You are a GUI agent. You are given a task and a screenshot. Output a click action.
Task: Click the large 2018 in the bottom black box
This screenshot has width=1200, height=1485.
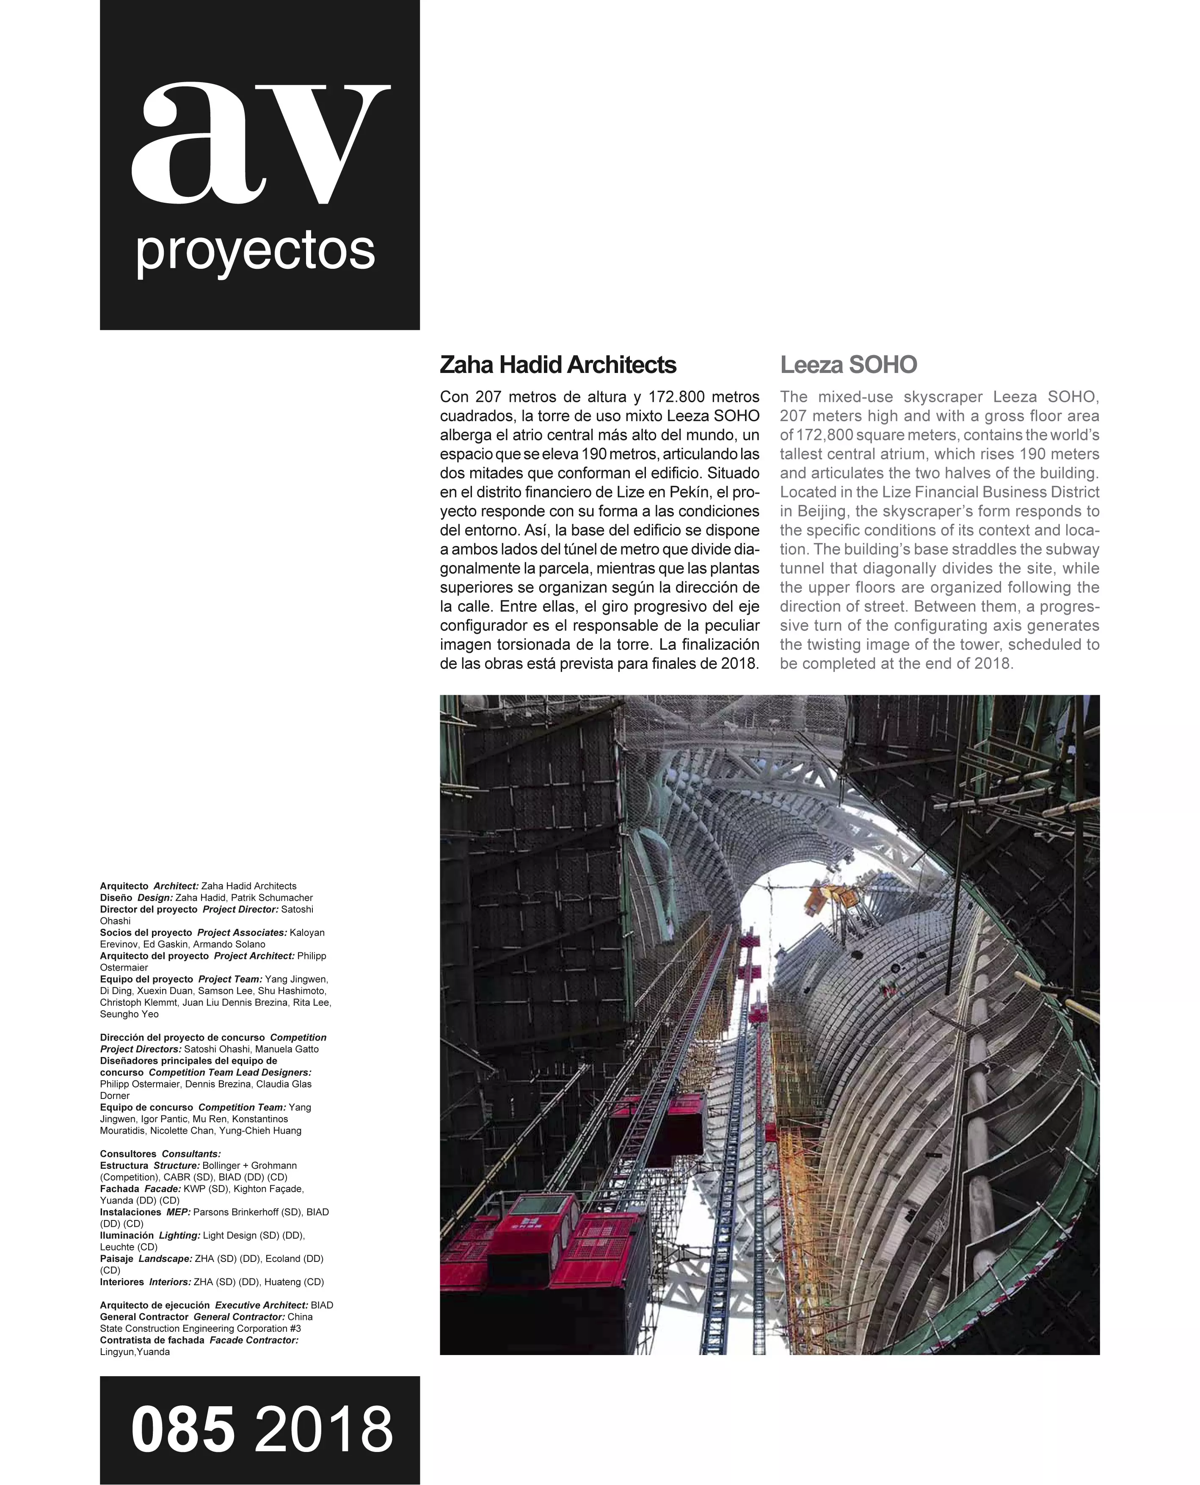(x=323, y=1430)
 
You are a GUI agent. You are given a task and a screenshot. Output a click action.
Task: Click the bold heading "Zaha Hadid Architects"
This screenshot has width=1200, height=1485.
(x=558, y=365)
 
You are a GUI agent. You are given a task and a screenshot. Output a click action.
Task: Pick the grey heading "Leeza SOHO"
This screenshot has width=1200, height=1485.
(x=848, y=365)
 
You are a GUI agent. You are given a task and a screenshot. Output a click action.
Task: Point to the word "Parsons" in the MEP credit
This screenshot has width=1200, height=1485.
(x=211, y=1212)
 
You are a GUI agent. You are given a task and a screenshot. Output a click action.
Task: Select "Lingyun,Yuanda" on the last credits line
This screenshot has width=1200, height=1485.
(x=135, y=1352)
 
